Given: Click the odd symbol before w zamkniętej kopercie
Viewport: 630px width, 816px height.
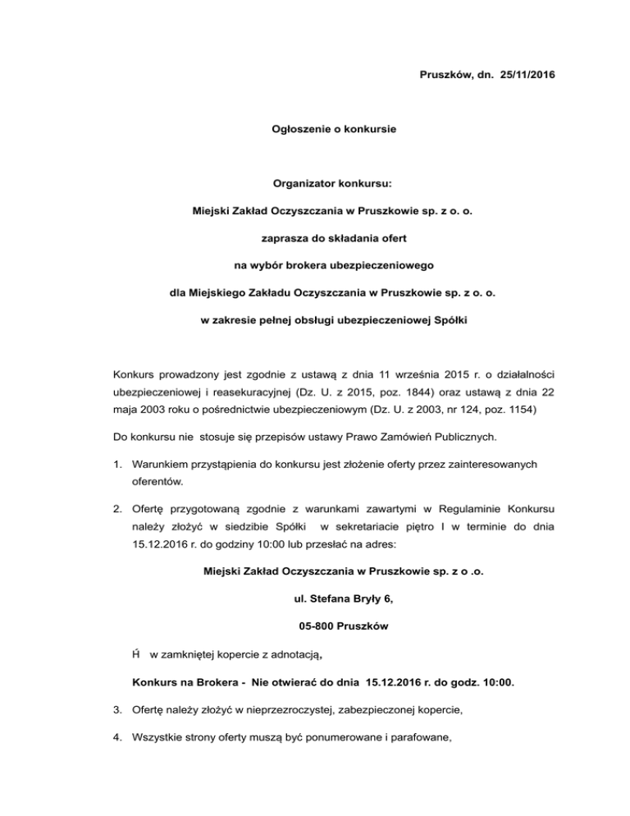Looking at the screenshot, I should tap(136, 653).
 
